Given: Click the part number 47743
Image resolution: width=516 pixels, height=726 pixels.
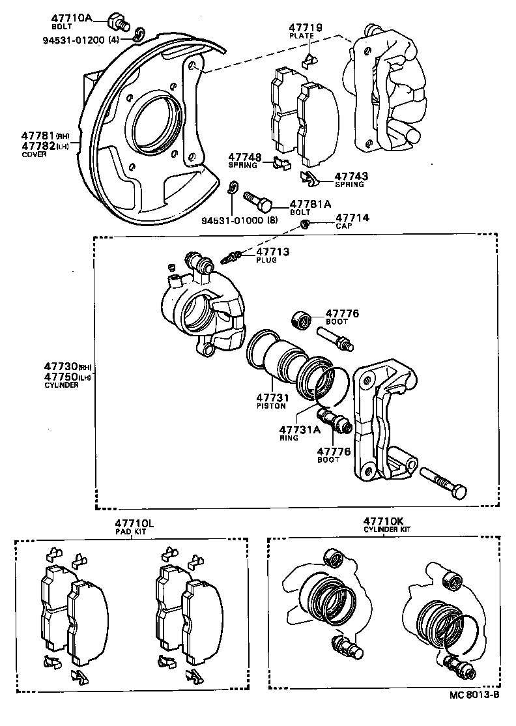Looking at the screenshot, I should tap(351, 176).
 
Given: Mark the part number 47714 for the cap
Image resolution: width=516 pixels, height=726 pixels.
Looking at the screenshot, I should tap(352, 218).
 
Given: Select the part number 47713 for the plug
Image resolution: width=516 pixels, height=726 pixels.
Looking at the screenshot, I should tap(272, 252).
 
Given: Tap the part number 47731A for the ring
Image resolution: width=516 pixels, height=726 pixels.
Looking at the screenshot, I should tap(300, 429).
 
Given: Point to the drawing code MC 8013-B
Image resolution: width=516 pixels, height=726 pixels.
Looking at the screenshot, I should tap(474, 712).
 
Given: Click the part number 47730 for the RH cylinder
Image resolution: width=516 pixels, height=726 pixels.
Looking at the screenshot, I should tap(61, 367).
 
